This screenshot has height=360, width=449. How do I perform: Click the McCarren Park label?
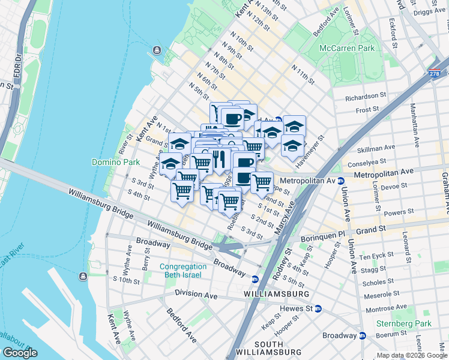pos(347,48)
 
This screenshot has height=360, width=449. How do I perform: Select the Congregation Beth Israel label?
pos(180,271)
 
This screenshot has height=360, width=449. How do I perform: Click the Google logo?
pos(20,353)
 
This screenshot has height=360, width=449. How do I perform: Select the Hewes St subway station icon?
pos(318,308)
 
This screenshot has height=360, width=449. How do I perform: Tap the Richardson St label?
pos(366,96)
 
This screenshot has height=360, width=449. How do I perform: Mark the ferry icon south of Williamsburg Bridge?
pos(83,276)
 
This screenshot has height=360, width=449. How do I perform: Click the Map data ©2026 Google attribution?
pos(411,355)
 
